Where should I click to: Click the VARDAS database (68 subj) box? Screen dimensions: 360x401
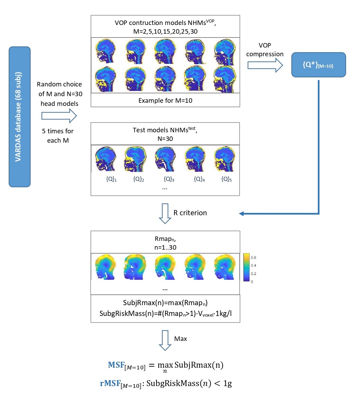tap(20, 117)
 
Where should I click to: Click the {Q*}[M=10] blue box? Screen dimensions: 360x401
tap(319, 65)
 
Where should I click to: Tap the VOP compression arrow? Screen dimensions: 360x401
tap(265, 65)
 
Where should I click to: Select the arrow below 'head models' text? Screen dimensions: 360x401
tap(59, 116)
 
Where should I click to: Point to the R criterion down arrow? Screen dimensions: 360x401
tap(165, 214)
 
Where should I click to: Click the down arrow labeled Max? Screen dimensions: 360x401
tap(165, 340)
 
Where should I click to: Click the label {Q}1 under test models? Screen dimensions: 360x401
tap(111, 179)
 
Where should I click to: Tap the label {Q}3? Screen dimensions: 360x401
tap(169, 179)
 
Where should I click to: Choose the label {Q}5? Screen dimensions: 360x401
tap(226, 179)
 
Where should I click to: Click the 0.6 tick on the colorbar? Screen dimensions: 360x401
tap(253, 258)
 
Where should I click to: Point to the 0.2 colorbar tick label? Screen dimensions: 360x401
tap(253, 273)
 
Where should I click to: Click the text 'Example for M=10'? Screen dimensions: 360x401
tap(165, 100)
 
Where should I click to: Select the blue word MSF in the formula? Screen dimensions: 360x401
tap(116, 365)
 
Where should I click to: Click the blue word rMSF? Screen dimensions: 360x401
tap(110, 383)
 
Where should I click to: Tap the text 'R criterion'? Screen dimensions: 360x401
tap(190, 213)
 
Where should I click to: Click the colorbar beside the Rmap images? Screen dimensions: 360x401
tap(246, 267)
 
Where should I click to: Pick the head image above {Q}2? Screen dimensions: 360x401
tap(135, 159)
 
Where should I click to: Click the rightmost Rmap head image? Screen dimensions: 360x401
tap(225, 267)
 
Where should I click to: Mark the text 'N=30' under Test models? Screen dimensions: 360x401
tap(165, 139)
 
